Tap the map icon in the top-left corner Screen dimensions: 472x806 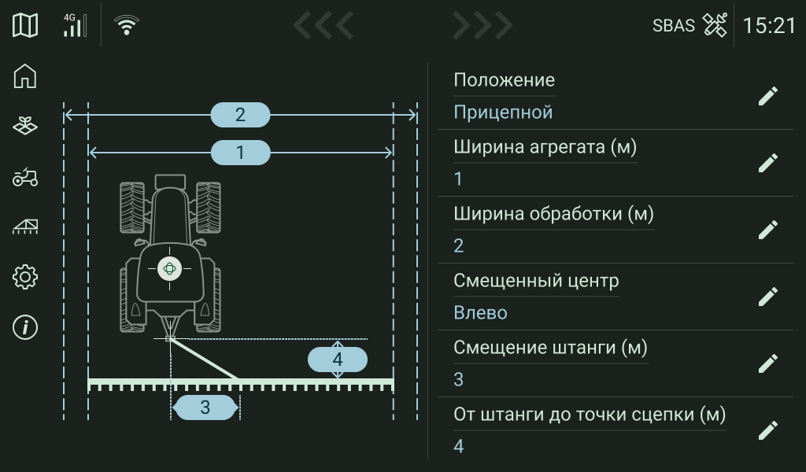pos(25,25)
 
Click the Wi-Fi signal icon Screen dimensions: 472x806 pos(126,25)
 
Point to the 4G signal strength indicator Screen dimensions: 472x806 pos(75,25)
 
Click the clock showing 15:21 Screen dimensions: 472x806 pos(769,25)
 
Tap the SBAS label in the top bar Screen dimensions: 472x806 pos(673,25)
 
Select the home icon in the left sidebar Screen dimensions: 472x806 pos(25,76)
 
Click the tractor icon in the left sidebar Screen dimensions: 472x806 pos(25,177)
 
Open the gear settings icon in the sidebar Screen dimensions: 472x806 pos(25,277)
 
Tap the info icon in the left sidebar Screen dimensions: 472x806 pos(25,327)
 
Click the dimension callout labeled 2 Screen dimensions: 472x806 pos(240,115)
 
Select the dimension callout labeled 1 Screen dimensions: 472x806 pos(240,152)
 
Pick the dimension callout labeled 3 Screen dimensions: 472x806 pos(205,407)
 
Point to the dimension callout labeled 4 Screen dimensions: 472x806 pos(337,360)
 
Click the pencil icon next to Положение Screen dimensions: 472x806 pos(767,96)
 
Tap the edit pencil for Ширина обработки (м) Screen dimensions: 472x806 pos(767,230)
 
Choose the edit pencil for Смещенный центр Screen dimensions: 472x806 pos(767,297)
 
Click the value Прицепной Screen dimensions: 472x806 pos(503,112)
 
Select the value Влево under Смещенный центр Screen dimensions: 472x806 pos(480,313)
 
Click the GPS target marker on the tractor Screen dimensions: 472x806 pos(169,268)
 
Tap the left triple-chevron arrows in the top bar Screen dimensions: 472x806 pos(323,25)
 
